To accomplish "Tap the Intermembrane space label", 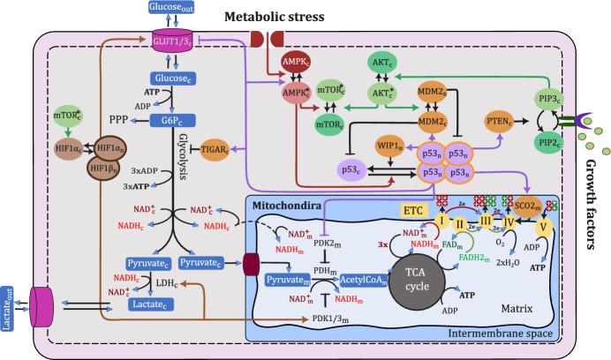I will pyautogui.click(x=501, y=333).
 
